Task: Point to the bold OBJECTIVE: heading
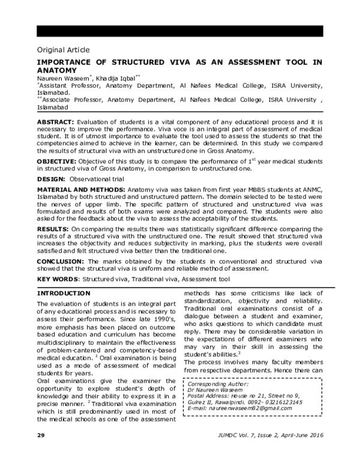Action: pyautogui.click(x=58, y=162)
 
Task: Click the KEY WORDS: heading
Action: pyautogui.click(x=58, y=280)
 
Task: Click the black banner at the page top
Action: pyautogui.click(x=180, y=31)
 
